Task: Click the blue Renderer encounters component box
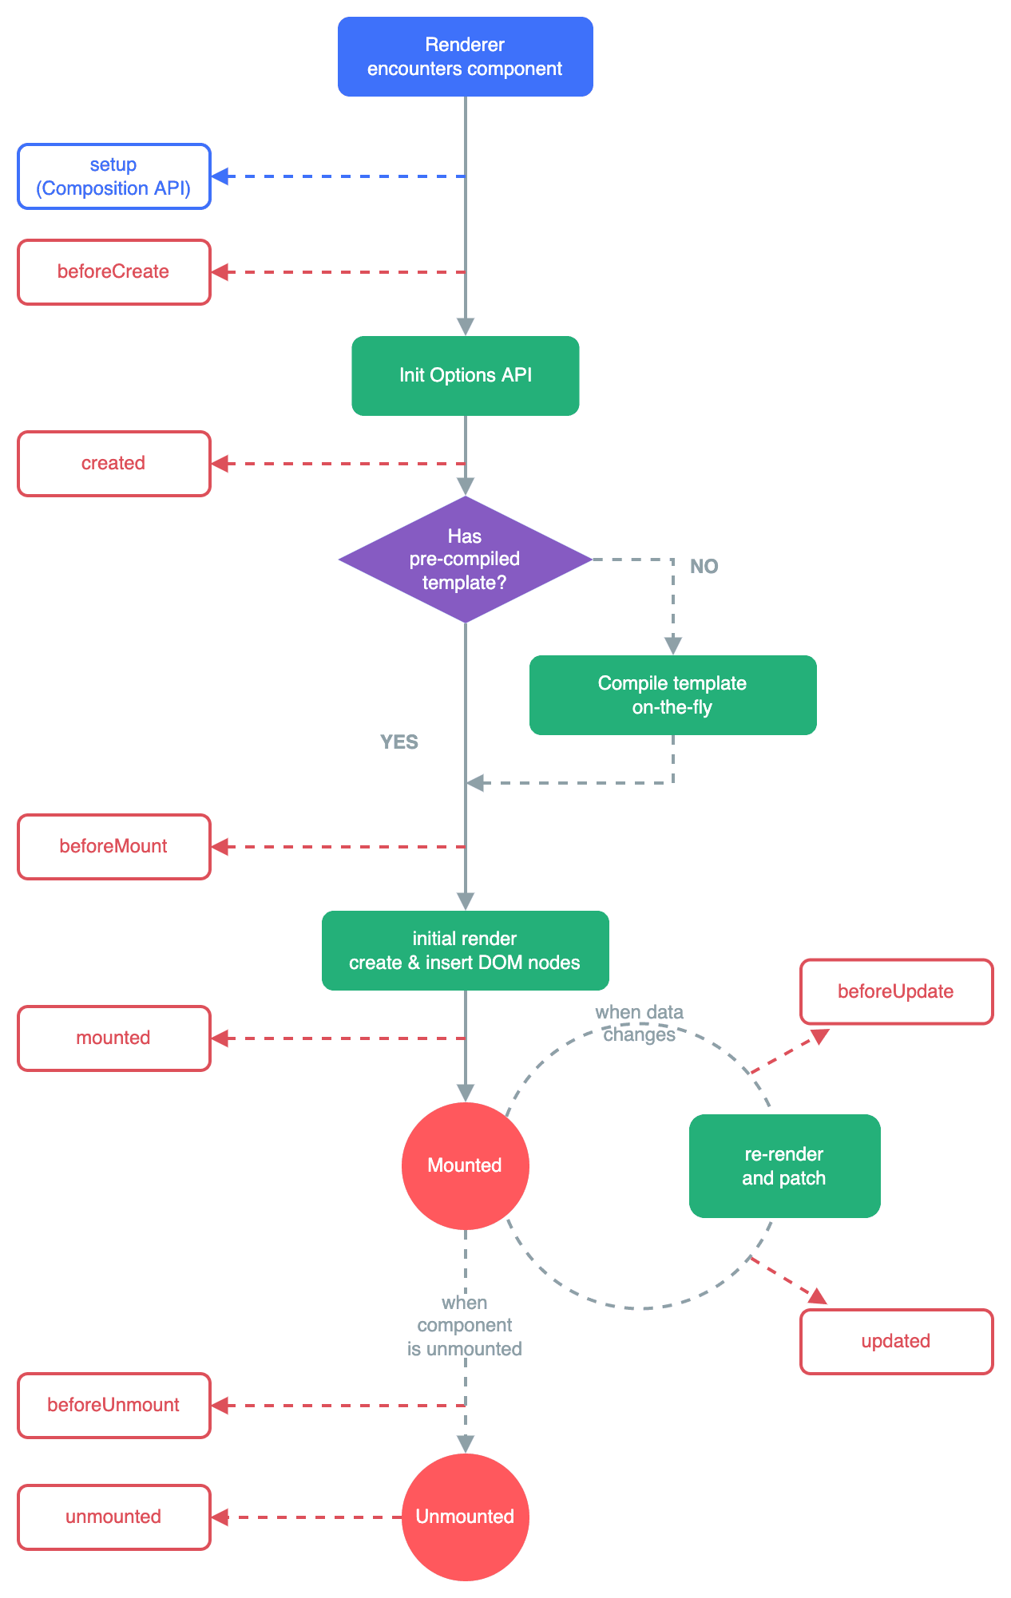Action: click(465, 57)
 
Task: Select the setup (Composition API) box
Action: click(114, 176)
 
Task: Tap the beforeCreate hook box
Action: click(114, 272)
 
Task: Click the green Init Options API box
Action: click(465, 375)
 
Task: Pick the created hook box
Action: click(114, 464)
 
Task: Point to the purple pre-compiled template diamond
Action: click(465, 559)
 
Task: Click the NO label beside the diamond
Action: click(704, 566)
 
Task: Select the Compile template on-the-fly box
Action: click(672, 695)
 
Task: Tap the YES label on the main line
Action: click(398, 742)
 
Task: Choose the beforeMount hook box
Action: click(114, 847)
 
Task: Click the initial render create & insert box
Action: click(465, 951)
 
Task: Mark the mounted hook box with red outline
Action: click(114, 1038)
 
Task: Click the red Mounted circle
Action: click(465, 1165)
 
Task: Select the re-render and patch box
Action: click(784, 1166)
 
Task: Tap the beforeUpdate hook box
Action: click(896, 991)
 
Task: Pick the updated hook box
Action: click(896, 1342)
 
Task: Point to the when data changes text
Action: click(639, 1023)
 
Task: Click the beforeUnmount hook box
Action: click(114, 1406)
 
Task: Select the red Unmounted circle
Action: click(465, 1517)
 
